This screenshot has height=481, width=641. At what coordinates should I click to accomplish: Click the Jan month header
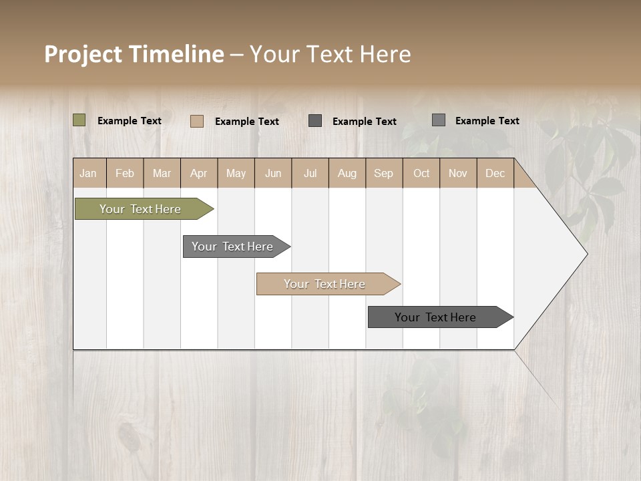point(89,173)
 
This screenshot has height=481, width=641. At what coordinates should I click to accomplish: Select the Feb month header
point(125,173)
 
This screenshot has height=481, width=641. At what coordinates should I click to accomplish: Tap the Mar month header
point(162,173)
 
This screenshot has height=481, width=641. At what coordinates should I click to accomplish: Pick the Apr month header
point(199,173)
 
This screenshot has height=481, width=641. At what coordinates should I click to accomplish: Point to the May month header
point(236,173)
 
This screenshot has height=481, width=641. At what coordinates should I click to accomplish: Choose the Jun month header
point(273,173)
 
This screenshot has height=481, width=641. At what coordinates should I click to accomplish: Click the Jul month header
point(310,173)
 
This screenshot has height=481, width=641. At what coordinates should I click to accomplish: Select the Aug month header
point(347,173)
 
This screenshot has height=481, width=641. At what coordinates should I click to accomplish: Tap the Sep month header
point(384,173)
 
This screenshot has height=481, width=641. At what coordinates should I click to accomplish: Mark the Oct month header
point(421,173)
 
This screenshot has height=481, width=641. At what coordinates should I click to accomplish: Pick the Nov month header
point(458,173)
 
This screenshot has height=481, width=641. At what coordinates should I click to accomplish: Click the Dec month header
point(495,173)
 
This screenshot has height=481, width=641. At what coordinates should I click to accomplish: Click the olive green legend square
point(79,120)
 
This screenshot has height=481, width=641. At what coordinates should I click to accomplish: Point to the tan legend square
point(197,121)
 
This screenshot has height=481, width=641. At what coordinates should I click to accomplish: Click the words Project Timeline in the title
point(134,54)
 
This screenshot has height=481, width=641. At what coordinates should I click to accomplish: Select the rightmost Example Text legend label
point(487,121)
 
